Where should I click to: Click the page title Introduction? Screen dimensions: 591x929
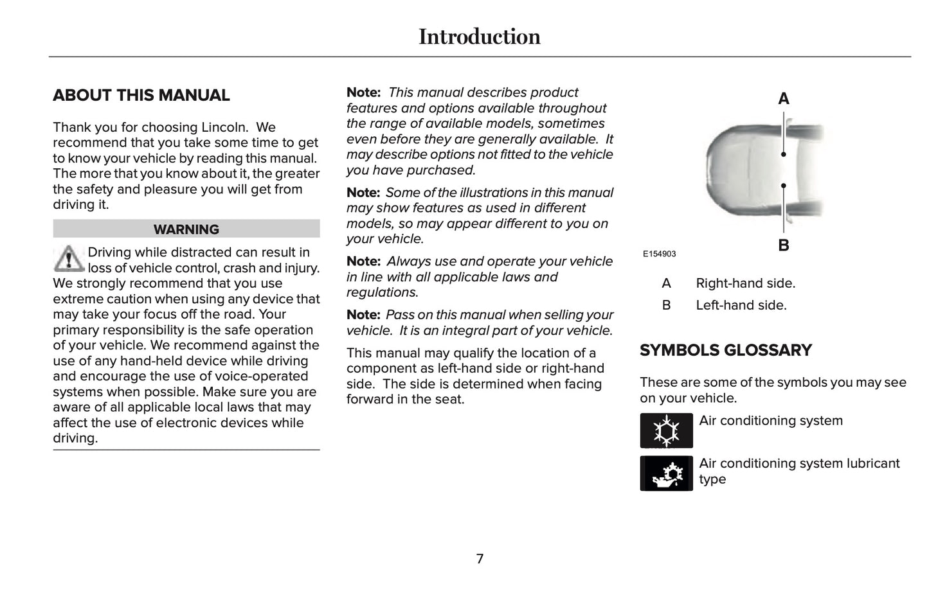pos(479,37)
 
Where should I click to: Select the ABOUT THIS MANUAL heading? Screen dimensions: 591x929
pos(141,95)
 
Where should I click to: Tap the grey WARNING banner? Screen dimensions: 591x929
pos(186,229)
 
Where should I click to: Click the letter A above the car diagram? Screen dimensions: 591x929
pos(783,99)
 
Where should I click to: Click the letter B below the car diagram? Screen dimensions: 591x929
pos(783,245)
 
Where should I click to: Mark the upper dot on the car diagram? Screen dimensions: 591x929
pos(784,154)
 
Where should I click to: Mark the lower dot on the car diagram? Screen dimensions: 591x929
pos(784,186)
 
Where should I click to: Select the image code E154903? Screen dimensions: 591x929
pos(659,254)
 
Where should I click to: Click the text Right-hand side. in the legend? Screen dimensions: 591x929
pos(745,283)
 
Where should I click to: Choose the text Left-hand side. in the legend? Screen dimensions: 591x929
pos(741,305)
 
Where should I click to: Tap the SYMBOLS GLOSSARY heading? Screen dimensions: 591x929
pos(725,350)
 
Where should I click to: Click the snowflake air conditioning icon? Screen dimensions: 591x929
pos(666,430)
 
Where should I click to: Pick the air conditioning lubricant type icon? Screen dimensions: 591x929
pos(666,473)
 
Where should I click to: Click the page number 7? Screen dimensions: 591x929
pos(480,559)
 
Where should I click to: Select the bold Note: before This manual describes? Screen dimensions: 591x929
pos(363,93)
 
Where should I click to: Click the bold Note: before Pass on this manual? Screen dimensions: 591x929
pos(363,315)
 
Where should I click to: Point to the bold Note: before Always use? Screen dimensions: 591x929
pos(363,261)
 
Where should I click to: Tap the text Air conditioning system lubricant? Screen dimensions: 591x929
pos(798,464)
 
